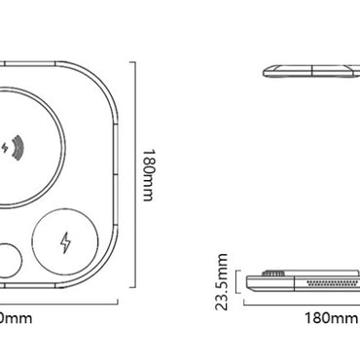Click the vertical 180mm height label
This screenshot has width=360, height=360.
pyautogui.click(x=149, y=175)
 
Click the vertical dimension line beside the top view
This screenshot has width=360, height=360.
pyautogui.click(x=132, y=175)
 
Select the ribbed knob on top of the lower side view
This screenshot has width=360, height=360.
pyautogui.click(x=275, y=275)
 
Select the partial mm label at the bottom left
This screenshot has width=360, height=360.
pyautogui.click(x=14, y=317)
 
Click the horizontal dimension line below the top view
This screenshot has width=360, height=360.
pyautogui.click(x=58, y=302)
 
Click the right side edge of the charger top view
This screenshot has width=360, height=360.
pyautogui.click(x=118, y=175)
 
